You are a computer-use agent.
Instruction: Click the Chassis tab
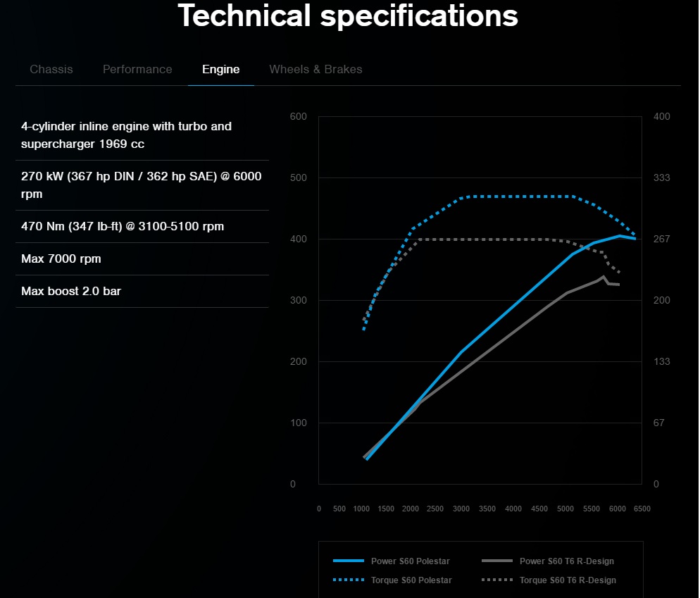point(51,69)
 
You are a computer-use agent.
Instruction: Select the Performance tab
point(137,69)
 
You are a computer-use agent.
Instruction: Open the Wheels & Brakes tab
point(315,69)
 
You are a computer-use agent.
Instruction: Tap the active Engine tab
point(221,69)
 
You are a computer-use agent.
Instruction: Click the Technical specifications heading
point(348,15)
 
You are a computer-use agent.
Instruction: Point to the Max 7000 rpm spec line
point(61,258)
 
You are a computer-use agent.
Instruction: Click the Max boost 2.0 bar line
point(71,291)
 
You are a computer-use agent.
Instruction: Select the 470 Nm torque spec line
point(123,226)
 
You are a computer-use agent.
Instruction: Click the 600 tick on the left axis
point(298,116)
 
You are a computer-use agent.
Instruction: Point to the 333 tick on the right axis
point(661,177)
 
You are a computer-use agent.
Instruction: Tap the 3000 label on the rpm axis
point(461,509)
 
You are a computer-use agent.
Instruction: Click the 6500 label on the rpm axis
point(642,509)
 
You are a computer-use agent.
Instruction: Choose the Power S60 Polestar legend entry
point(392,561)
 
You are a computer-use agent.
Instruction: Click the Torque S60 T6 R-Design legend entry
point(549,580)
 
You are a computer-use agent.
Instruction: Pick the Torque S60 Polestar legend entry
point(392,580)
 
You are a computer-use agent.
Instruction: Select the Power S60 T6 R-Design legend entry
point(548,561)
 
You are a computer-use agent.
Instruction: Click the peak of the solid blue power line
point(619,236)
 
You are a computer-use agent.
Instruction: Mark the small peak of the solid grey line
point(604,277)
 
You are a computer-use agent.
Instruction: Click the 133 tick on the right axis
point(661,361)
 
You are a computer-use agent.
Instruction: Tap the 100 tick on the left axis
point(298,423)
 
